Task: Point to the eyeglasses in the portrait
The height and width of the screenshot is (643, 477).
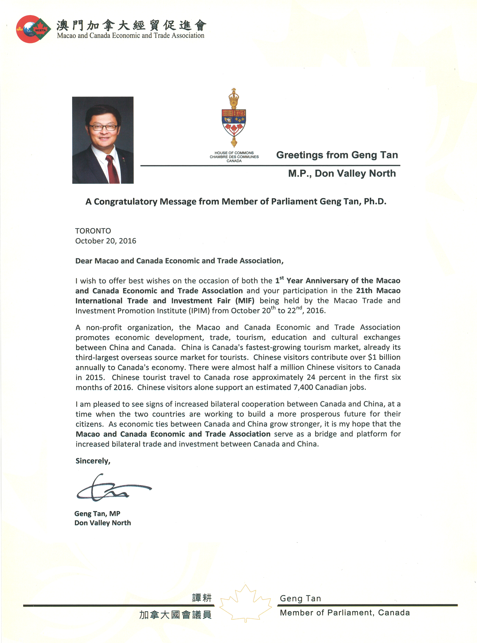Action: point(103,127)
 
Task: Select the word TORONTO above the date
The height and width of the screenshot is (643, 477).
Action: point(93,231)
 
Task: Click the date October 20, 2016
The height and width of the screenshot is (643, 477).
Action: point(106,241)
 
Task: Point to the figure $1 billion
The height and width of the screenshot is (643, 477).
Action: point(384,357)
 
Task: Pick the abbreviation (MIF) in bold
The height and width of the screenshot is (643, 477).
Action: point(245,301)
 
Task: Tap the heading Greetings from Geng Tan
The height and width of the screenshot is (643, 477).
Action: point(337,155)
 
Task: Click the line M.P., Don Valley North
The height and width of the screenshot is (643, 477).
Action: point(342,173)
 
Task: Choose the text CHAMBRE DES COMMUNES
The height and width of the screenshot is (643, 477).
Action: point(234,157)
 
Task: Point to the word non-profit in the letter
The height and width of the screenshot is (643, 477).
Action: point(104,328)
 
